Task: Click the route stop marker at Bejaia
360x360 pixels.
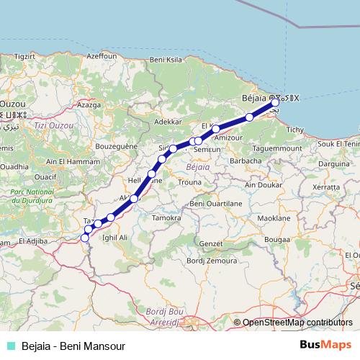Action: tap(275, 103)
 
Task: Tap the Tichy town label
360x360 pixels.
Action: tap(295, 130)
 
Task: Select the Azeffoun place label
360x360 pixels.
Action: tap(101, 55)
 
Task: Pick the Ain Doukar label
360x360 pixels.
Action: tap(261, 185)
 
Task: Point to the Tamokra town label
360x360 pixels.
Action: tap(166, 217)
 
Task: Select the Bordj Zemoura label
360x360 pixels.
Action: tap(196, 260)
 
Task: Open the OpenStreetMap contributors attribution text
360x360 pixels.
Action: tap(297, 323)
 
